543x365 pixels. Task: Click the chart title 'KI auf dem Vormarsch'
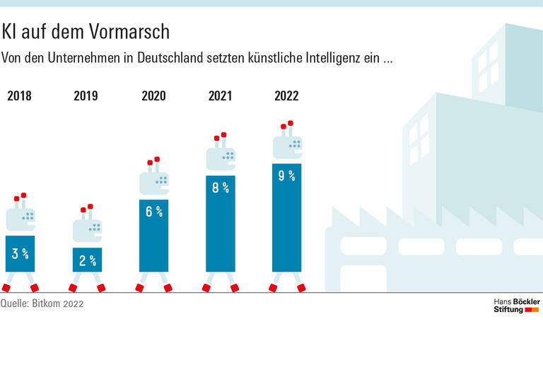tap(86, 32)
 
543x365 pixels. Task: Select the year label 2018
tap(19, 95)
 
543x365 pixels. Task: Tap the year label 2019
tap(86, 95)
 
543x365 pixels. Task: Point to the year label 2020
tap(153, 95)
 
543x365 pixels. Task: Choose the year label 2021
tap(220, 95)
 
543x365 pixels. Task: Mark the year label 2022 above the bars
tap(286, 95)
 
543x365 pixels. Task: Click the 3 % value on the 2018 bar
tap(20, 253)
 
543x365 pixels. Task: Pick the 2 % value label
tap(88, 260)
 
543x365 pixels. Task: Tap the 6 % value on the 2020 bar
tap(154, 211)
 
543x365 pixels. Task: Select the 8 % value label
tap(221, 187)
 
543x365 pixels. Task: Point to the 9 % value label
tap(286, 175)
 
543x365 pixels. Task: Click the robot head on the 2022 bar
tap(288, 146)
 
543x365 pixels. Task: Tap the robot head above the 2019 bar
tap(88, 230)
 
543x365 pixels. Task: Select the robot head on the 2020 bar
tap(154, 182)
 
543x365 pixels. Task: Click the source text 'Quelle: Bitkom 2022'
tap(42, 303)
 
